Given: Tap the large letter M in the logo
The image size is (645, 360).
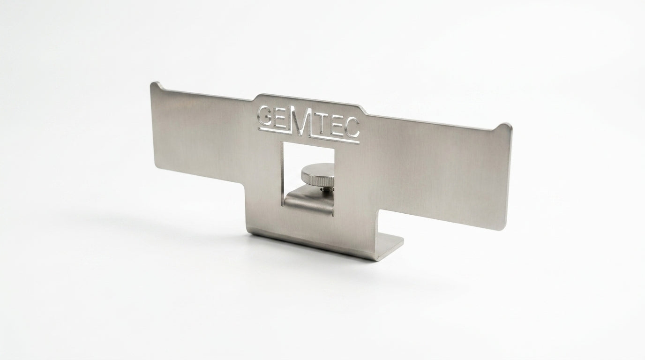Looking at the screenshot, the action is tap(300, 120).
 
